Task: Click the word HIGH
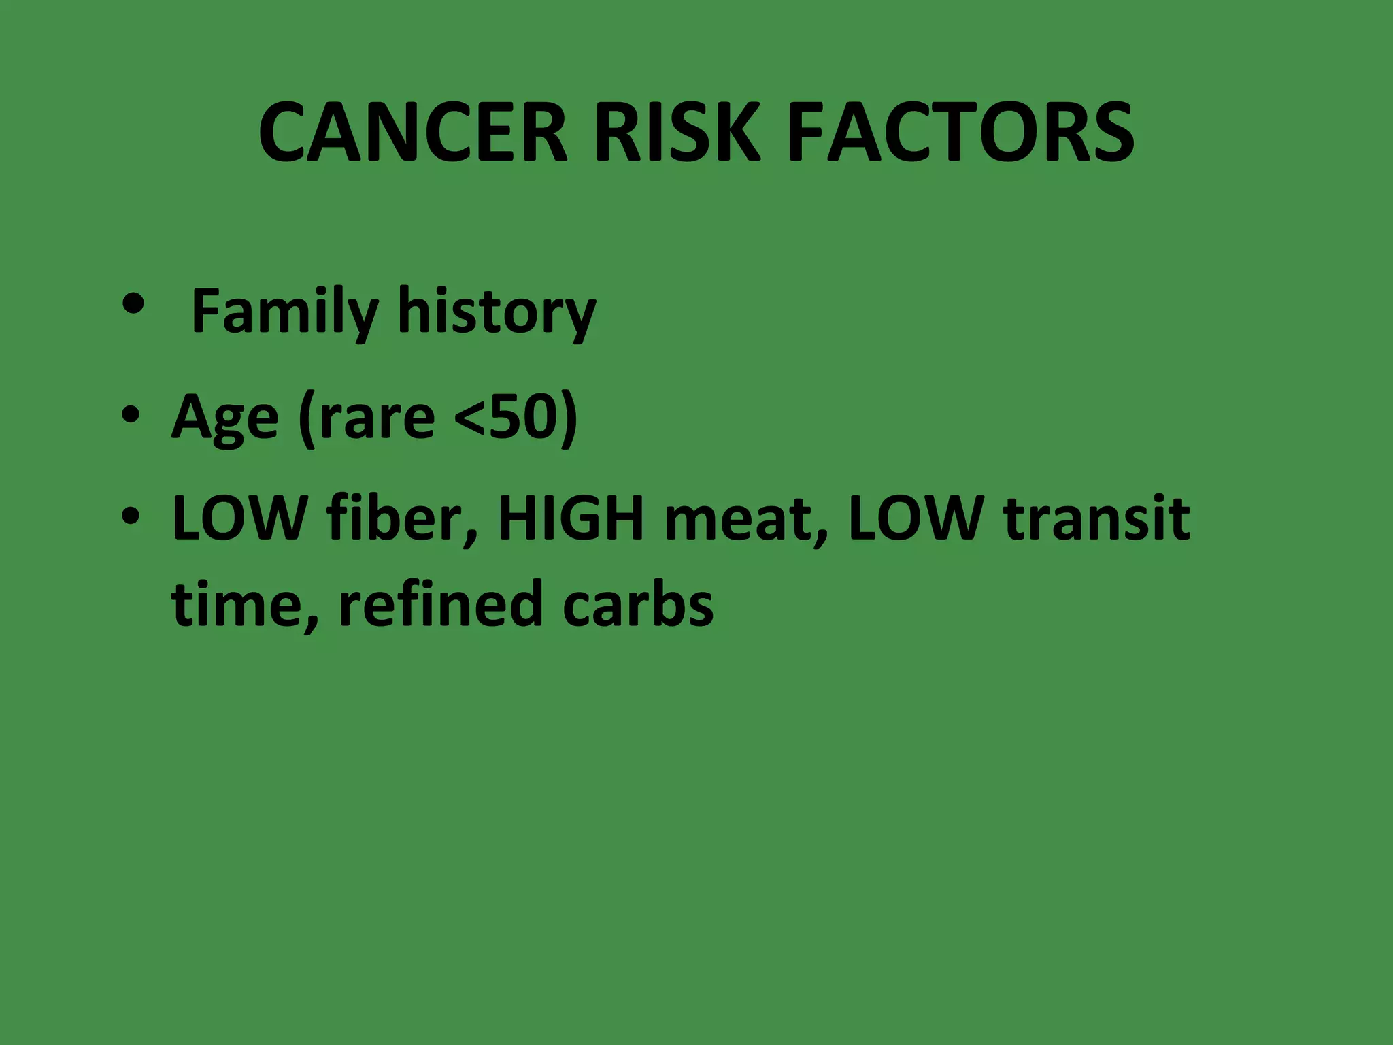coord(571,518)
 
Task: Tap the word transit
coord(1096,518)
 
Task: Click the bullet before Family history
coord(134,305)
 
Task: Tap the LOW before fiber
coord(239,518)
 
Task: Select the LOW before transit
coord(916,518)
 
